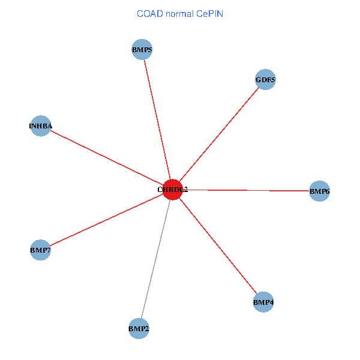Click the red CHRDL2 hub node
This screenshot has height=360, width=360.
pyautogui.click(x=172, y=190)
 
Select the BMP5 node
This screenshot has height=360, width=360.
pyautogui.click(x=142, y=50)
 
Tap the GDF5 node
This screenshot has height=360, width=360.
pyautogui.click(x=265, y=80)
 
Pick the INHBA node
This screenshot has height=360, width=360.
pyautogui.click(x=41, y=126)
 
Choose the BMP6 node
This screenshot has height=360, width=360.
pyautogui.click(x=319, y=191)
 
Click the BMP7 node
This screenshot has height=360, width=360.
pyautogui.click(x=40, y=250)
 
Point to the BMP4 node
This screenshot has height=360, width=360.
pyautogui.click(x=263, y=302)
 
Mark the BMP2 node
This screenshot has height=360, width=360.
pyautogui.click(x=139, y=328)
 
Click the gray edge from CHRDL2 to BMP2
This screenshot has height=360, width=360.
pyautogui.click(x=155, y=259)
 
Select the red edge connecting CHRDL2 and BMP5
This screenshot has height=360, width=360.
pyautogui.click(x=157, y=120)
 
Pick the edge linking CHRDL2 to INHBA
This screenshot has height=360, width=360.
pyautogui.click(x=107, y=158)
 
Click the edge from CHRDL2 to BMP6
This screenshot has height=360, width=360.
pyautogui.click(x=246, y=190)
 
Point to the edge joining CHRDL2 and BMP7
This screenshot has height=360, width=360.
pyautogui.click(x=106, y=220)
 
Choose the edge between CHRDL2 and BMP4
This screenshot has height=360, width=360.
pyautogui.click(x=218, y=246)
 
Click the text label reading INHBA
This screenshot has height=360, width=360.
pyautogui.click(x=41, y=126)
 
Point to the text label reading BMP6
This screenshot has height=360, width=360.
pyautogui.click(x=319, y=191)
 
